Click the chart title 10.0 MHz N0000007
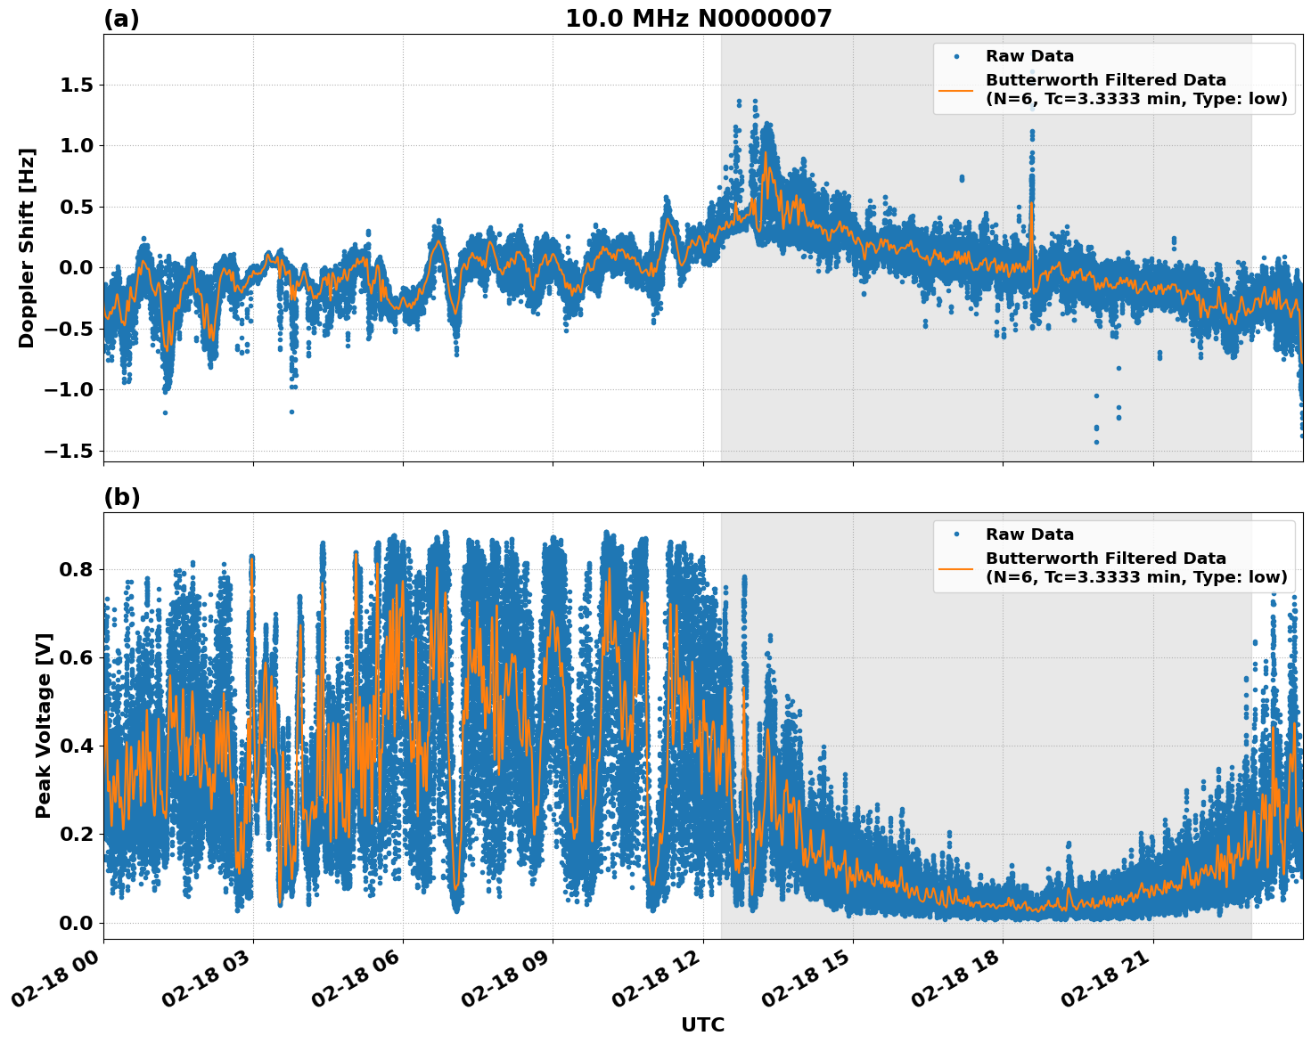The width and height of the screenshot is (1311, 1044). pyautogui.click(x=698, y=19)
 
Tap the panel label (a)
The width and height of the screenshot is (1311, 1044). pyautogui.click(x=121, y=19)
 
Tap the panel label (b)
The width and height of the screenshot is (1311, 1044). pyautogui.click(x=121, y=497)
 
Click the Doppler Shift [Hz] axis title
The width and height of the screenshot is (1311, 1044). pyautogui.click(x=27, y=248)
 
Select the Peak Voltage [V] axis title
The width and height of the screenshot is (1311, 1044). pyautogui.click(x=44, y=725)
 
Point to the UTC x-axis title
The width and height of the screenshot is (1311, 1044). pyautogui.click(x=702, y=1024)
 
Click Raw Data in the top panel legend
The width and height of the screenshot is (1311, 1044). pyautogui.click(x=1029, y=56)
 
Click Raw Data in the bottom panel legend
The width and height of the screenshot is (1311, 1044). pyautogui.click(x=1029, y=534)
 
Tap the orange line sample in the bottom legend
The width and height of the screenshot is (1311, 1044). pyautogui.click(x=956, y=567)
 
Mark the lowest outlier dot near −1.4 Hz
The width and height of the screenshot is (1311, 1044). pyautogui.click(x=1096, y=442)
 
